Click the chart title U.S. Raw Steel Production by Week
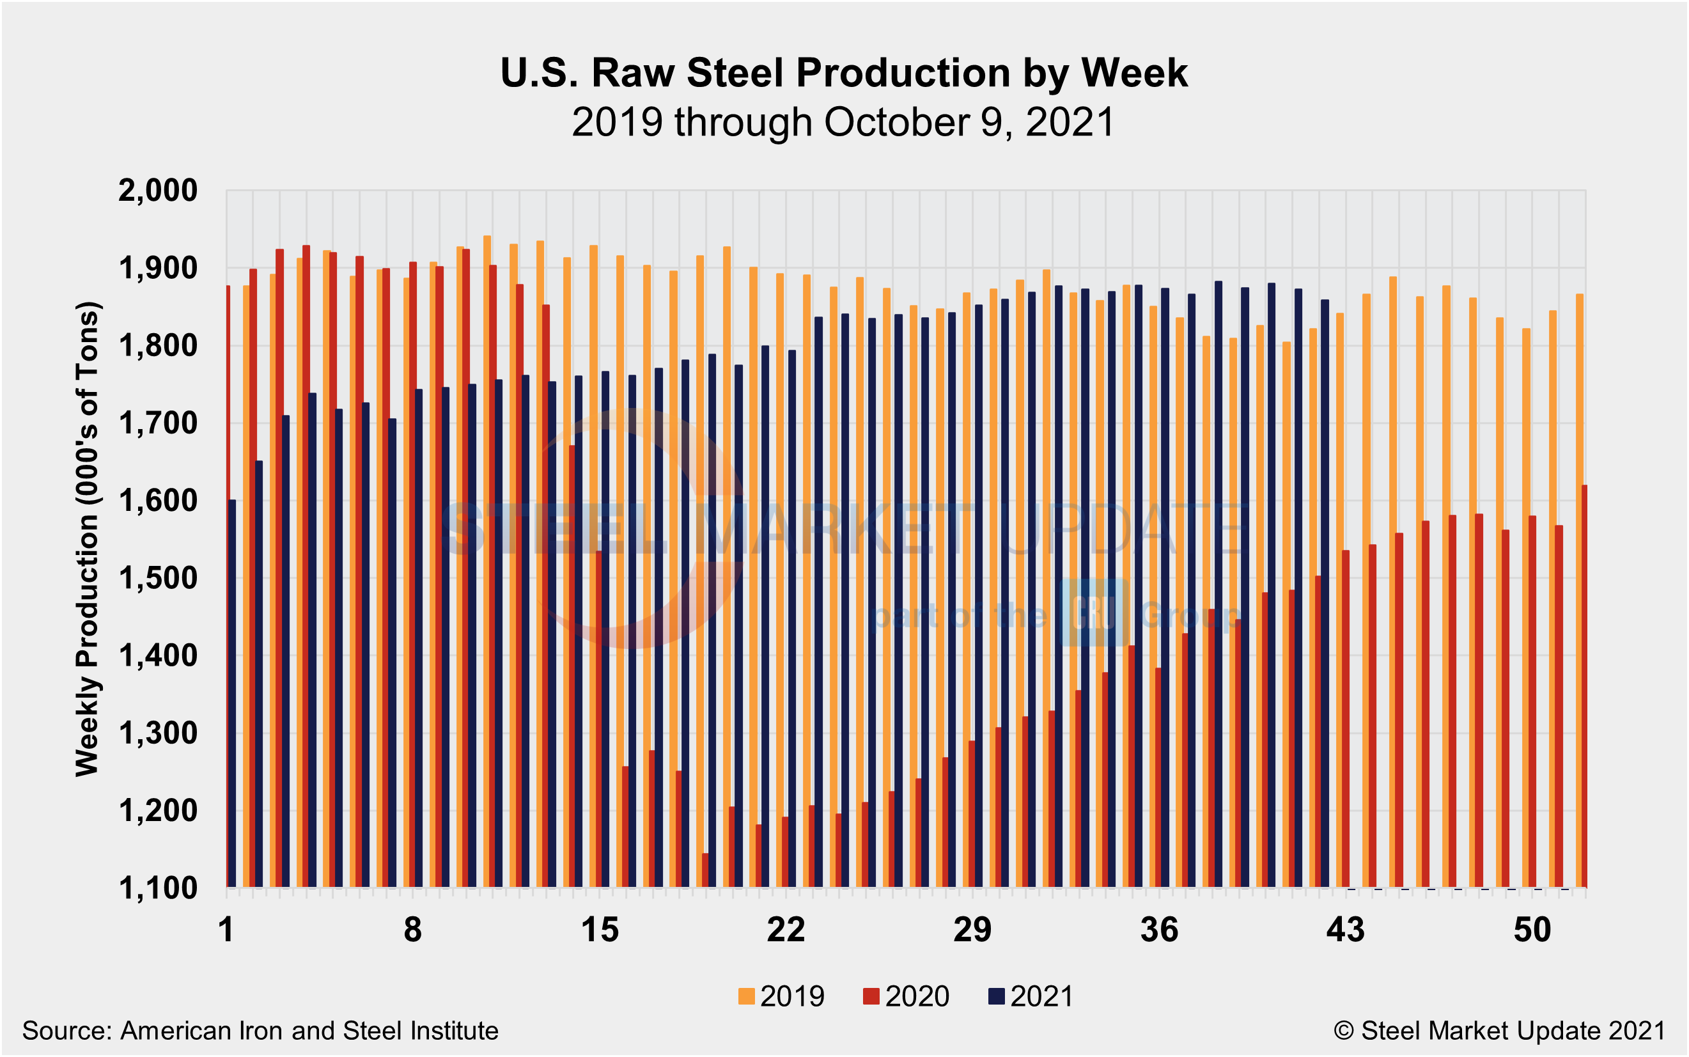point(843,73)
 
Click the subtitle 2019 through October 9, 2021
point(843,122)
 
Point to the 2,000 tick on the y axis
point(158,190)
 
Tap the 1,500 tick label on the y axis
point(158,578)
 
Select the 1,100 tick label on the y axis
point(158,889)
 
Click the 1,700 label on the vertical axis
point(158,423)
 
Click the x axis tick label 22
point(786,930)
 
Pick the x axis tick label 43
point(1345,930)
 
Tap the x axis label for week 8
point(412,930)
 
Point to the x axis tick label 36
point(1158,930)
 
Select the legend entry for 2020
point(907,996)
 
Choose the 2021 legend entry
point(1031,996)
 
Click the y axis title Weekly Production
point(88,538)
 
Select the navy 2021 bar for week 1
point(232,694)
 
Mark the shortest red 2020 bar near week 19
point(705,870)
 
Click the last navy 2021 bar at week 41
point(1325,594)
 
